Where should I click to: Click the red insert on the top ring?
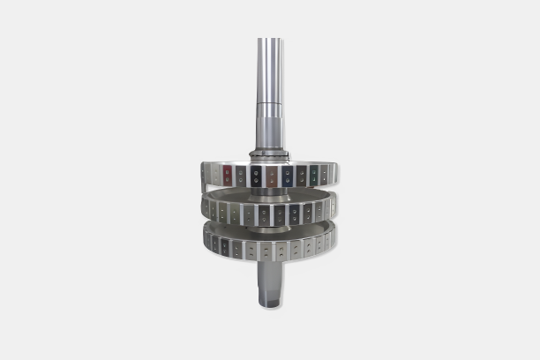click(228, 175)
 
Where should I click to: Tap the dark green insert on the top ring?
click(312, 175)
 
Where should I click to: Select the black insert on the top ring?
click(256, 176)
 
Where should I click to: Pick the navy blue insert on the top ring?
click(287, 176)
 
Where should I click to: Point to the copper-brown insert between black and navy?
click(272, 176)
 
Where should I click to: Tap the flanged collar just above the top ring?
click(270, 156)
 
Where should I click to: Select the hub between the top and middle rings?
click(269, 192)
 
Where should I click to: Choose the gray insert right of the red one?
click(241, 176)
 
